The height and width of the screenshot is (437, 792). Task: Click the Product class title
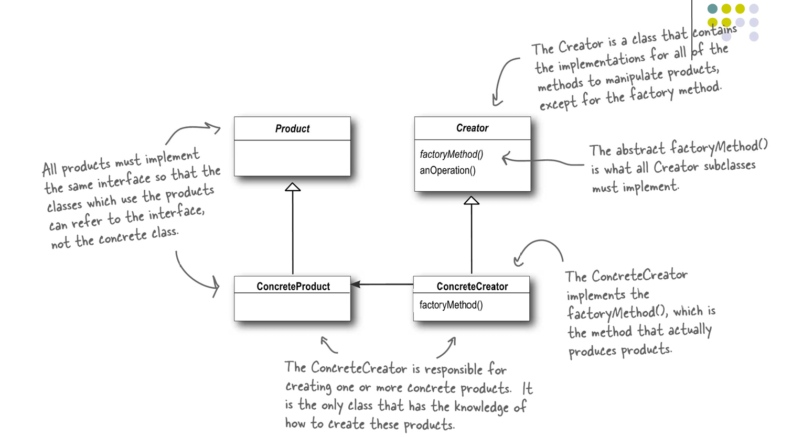pyautogui.click(x=292, y=129)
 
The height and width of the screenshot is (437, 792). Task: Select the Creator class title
pyautogui.click(x=472, y=128)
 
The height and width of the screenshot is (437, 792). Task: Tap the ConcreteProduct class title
pyautogui.click(x=293, y=287)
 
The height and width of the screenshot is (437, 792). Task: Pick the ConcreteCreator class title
pyautogui.click(x=472, y=287)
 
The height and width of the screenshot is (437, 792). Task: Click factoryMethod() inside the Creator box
pyautogui.click(x=452, y=155)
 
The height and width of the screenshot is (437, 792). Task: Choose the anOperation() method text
pyautogui.click(x=447, y=170)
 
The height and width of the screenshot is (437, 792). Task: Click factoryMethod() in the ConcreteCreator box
pyautogui.click(x=451, y=305)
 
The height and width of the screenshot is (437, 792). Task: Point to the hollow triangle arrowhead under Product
pyautogui.click(x=293, y=187)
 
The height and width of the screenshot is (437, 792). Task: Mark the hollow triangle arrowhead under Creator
pyautogui.click(x=472, y=200)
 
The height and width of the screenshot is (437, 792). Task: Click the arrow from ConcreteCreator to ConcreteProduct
pyautogui.click(x=382, y=285)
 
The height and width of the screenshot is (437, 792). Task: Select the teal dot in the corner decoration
pyautogui.click(x=712, y=8)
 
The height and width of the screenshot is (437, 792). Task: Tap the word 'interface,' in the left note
pyautogui.click(x=176, y=213)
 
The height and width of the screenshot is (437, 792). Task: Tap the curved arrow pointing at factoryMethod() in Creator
pyautogui.click(x=543, y=161)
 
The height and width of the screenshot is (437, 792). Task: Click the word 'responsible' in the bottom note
pyautogui.click(x=453, y=369)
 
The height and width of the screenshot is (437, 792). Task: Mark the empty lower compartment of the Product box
pyautogui.click(x=292, y=158)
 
